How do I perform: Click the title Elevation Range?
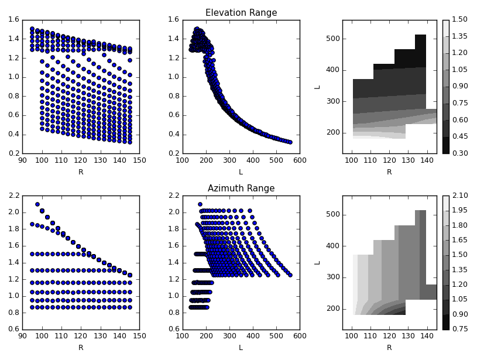[x=241, y=13]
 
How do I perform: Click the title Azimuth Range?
[x=241, y=188]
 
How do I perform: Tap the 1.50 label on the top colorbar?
[x=459, y=20]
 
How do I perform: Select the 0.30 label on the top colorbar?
[x=459, y=154]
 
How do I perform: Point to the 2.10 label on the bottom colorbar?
[x=459, y=196]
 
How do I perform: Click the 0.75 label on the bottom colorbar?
[x=459, y=330]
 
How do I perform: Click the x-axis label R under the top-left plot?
[x=81, y=172]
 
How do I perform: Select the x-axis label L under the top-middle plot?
[x=241, y=172]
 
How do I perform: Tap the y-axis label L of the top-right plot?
[x=317, y=87]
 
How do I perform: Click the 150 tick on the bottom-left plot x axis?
[x=139, y=336]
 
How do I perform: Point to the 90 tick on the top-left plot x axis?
[x=22, y=160]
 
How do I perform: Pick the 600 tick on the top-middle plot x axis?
[x=300, y=160]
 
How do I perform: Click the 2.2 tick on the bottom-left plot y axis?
[x=12, y=196]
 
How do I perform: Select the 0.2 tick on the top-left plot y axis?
[x=12, y=154]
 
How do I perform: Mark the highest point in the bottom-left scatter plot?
[x=37, y=204]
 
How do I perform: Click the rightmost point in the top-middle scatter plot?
[x=290, y=142]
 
